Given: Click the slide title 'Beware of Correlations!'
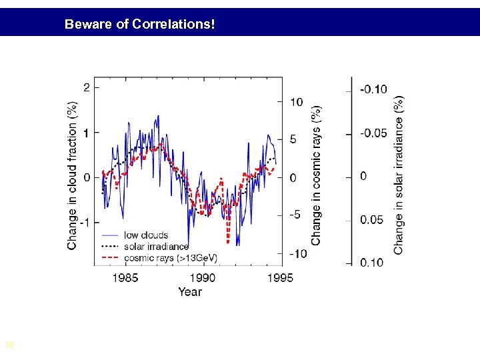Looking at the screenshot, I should [x=139, y=25].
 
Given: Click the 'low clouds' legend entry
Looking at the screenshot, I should [x=146, y=235].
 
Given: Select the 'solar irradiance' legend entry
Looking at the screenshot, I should [x=156, y=246].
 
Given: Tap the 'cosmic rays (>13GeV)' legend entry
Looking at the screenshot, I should [x=170, y=257].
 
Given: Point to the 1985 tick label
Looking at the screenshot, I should [x=125, y=278].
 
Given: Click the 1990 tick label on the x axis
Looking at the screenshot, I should [x=203, y=278].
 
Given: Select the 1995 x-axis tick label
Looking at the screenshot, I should [x=280, y=278].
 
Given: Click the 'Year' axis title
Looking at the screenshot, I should [x=190, y=291].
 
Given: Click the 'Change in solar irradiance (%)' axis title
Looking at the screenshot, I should [x=398, y=175].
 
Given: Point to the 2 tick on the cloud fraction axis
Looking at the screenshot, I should [x=87, y=87].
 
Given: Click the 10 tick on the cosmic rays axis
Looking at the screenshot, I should [x=297, y=102].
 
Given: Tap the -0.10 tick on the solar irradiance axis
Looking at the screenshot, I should [x=373, y=89].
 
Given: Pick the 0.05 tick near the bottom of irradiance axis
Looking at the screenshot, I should [x=372, y=219].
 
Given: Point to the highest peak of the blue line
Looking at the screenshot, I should [x=158, y=117].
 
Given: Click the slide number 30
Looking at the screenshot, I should [x=9, y=345].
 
